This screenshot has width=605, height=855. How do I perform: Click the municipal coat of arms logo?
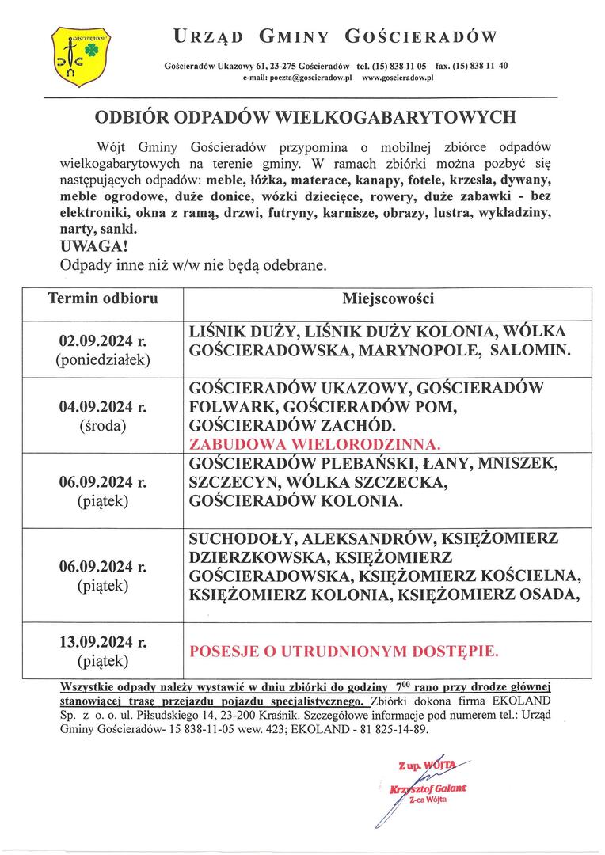click(x=75, y=55)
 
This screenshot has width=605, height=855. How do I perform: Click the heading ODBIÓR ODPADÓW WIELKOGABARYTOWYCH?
click(x=305, y=117)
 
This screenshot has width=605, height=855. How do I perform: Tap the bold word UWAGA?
click(x=88, y=247)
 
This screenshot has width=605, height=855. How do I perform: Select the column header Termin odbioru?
click(x=103, y=299)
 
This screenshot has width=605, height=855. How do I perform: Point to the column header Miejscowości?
click(x=387, y=299)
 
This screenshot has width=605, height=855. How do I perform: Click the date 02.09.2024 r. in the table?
click(x=103, y=341)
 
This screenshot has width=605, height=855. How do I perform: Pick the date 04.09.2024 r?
click(x=103, y=408)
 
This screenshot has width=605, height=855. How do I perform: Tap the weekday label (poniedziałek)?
click(x=103, y=360)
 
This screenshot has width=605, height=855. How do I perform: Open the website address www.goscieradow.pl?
click(x=398, y=79)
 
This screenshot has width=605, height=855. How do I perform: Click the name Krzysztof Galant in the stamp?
click(x=428, y=788)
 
